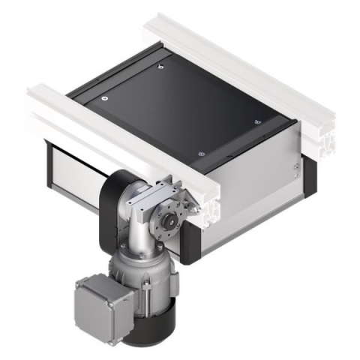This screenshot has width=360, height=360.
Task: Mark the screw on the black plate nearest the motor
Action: coord(200,153)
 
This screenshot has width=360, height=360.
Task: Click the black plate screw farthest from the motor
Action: coord(161,68)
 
